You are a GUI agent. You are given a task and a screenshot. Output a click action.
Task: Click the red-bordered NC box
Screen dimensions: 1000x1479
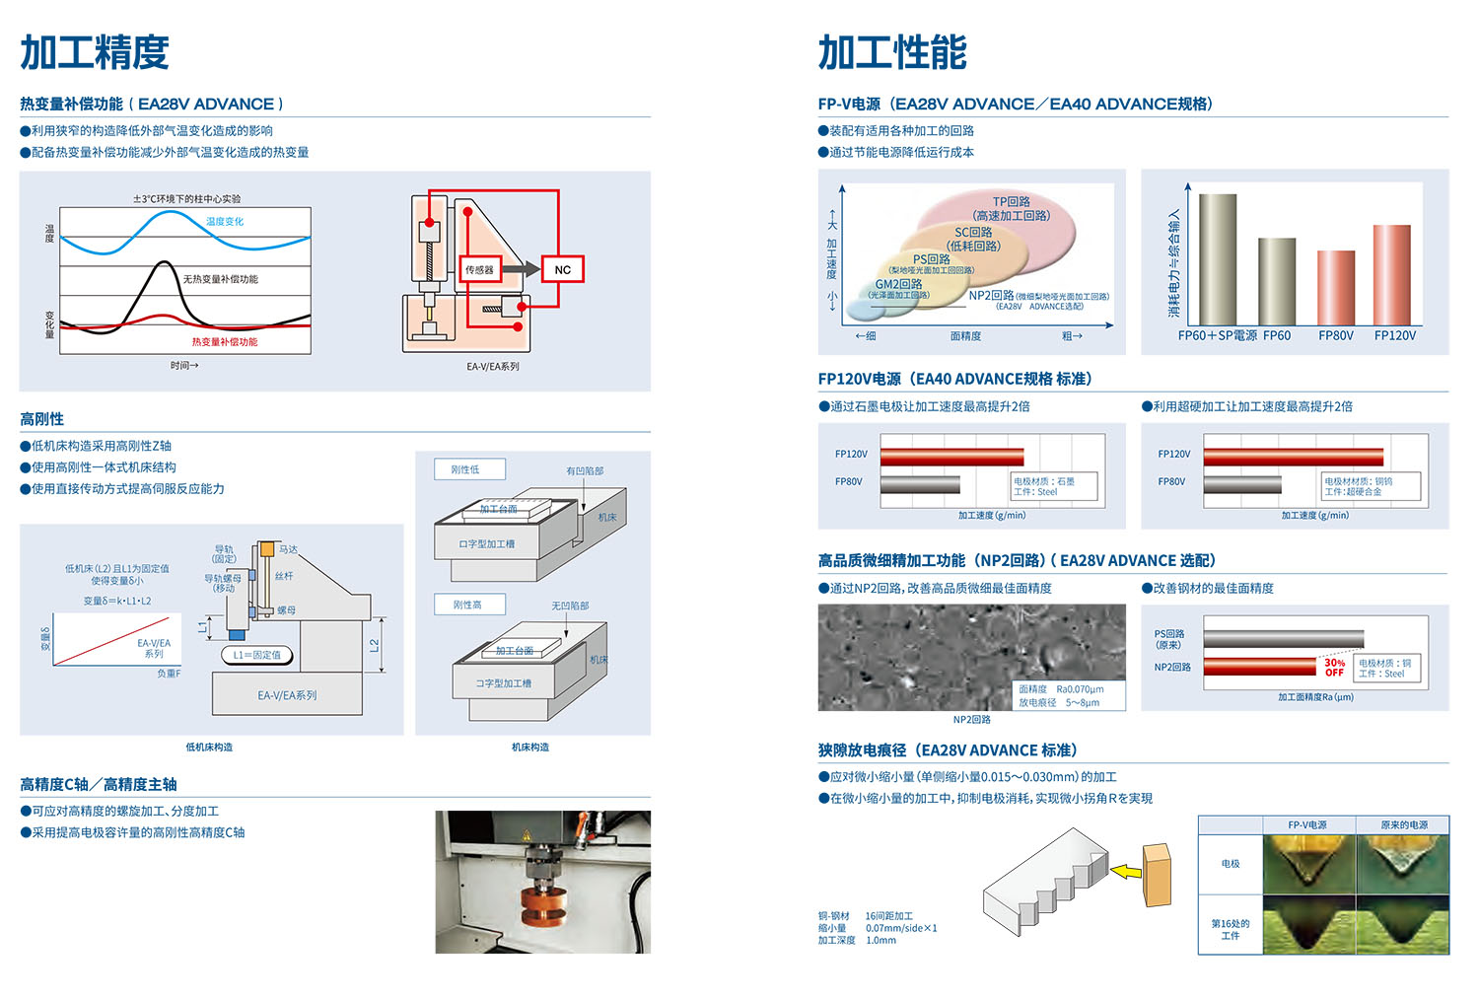(562, 269)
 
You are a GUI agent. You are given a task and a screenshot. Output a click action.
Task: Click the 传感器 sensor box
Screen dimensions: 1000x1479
(480, 269)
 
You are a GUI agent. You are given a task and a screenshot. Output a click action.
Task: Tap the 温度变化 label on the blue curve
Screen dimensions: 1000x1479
(225, 222)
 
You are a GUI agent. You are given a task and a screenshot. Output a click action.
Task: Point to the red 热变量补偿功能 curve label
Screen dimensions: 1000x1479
(225, 342)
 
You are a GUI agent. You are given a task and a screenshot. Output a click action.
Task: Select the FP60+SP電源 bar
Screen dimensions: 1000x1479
(1218, 258)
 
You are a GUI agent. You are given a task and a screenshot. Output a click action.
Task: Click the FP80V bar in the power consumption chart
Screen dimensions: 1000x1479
(1336, 287)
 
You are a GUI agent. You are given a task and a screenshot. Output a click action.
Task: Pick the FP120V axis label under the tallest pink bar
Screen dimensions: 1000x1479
(1394, 336)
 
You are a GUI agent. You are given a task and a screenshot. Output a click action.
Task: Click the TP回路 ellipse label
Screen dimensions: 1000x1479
(1012, 201)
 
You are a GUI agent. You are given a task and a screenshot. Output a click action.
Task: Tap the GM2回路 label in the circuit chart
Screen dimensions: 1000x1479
(898, 284)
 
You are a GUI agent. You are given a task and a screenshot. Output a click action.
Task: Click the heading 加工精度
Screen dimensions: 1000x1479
(95, 52)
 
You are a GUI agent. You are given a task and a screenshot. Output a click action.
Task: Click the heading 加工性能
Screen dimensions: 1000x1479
(892, 52)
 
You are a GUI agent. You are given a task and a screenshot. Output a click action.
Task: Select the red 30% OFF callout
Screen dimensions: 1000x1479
(1333, 668)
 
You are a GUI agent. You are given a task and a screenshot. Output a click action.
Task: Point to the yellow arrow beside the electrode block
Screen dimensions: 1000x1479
(1125, 871)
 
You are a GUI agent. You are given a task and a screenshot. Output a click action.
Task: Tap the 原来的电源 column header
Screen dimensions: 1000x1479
(1403, 824)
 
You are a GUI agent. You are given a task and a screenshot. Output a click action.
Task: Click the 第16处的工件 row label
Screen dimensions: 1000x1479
(1231, 929)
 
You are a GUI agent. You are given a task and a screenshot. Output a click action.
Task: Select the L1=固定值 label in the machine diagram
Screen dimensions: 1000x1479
(256, 655)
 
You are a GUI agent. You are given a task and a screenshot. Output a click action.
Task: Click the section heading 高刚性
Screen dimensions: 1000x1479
(42, 419)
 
